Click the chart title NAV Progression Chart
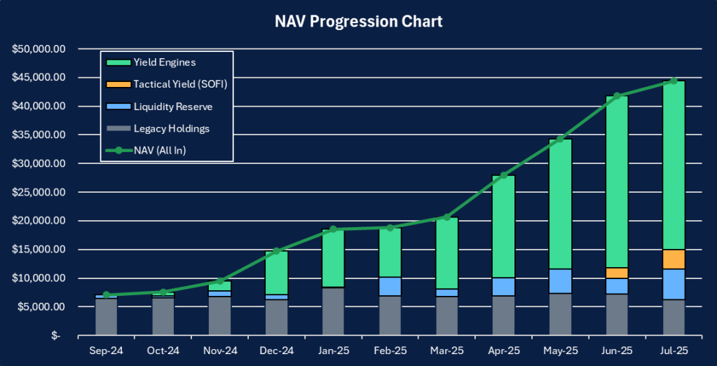(358, 22)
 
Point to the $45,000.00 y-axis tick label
(39, 77)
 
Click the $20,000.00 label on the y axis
(39, 221)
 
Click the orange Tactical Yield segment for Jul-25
(674, 259)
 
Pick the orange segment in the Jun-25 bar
(617, 273)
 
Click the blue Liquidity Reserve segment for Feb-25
(390, 286)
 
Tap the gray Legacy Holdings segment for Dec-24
(276, 317)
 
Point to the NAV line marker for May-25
(560, 139)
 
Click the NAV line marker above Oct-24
(163, 292)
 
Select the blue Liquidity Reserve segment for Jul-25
(674, 284)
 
